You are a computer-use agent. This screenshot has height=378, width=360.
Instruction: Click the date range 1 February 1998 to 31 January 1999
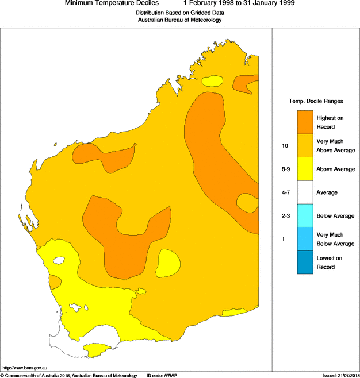point(236,3)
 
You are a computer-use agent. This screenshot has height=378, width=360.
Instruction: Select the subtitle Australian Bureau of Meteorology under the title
point(179,20)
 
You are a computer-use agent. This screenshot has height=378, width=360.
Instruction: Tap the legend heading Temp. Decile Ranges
point(316,101)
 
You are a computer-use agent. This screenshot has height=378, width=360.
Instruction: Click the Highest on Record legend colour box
point(305,122)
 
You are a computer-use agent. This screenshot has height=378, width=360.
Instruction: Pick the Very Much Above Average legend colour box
point(305,146)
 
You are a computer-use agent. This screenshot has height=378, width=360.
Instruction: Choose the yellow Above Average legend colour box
point(305,169)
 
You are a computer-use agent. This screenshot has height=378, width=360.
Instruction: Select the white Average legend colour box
point(305,192)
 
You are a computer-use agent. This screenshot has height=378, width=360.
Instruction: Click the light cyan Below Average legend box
point(305,216)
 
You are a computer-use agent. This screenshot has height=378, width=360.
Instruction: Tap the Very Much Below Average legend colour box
point(305,239)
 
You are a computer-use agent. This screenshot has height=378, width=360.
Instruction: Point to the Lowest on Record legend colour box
point(305,263)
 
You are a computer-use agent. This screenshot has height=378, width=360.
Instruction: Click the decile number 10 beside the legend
point(285,146)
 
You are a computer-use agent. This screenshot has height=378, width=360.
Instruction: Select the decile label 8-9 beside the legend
point(286,169)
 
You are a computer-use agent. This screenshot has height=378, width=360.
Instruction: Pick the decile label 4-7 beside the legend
point(286,192)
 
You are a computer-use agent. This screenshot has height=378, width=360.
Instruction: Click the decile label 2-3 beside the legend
point(286,216)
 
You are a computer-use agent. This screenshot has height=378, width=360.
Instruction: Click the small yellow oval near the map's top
point(213,81)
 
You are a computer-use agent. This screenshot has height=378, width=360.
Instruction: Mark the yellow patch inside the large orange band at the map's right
point(247,202)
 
